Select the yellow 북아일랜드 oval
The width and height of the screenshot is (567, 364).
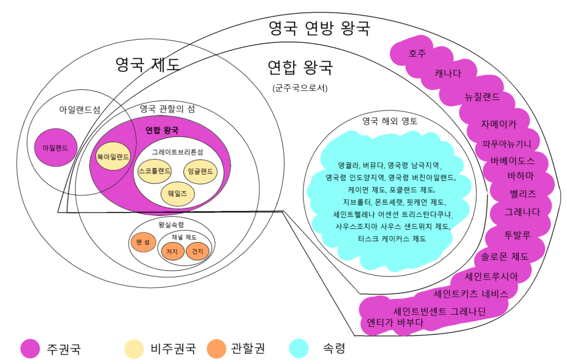point(113,157)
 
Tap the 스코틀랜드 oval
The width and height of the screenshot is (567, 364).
point(155,171)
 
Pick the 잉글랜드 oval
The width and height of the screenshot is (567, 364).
point(200,171)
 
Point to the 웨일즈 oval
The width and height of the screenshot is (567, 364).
point(177,193)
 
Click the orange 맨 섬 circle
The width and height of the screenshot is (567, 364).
point(143,242)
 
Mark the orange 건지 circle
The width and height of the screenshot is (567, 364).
point(198,252)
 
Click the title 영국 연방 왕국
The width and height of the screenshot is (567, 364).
point(319,29)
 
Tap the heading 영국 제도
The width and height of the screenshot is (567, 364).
point(148,65)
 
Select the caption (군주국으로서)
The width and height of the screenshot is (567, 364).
point(300,88)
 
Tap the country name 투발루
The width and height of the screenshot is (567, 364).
point(517,234)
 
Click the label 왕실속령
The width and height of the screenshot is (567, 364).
point(171,225)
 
